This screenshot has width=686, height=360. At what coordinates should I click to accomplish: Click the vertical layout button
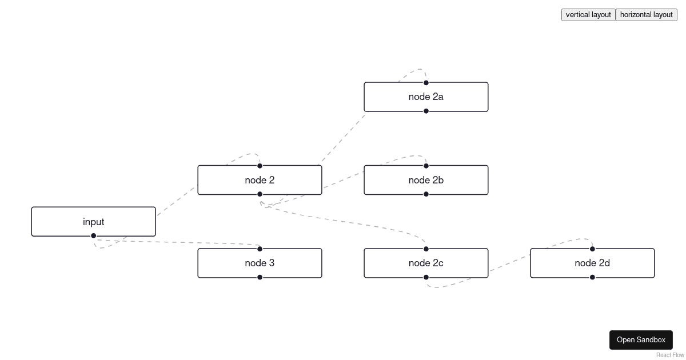588,15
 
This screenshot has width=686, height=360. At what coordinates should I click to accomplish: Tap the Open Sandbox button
641,339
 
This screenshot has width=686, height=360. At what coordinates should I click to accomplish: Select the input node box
93,222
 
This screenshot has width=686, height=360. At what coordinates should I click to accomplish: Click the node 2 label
260,180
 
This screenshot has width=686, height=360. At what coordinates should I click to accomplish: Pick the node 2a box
426,97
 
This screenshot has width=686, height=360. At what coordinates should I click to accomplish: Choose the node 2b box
426,180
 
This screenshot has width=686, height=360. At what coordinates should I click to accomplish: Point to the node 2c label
426,263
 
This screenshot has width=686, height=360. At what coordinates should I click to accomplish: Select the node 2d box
592,263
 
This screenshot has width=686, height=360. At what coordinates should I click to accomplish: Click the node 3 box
260,263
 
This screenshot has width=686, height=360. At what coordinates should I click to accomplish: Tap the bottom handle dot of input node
94,235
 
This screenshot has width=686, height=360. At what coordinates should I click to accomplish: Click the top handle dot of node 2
260,166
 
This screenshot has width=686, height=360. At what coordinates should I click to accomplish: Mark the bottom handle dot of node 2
260,194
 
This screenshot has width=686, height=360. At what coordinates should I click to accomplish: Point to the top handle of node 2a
426,83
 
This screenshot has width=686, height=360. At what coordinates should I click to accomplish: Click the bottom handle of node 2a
426,111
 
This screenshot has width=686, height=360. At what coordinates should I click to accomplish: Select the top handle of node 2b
426,166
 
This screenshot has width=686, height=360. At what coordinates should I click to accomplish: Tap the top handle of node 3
260,249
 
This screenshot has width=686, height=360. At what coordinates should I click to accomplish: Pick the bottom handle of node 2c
426,277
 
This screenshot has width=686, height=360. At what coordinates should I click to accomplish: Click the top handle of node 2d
592,249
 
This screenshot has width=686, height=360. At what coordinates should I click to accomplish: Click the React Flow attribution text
670,355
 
